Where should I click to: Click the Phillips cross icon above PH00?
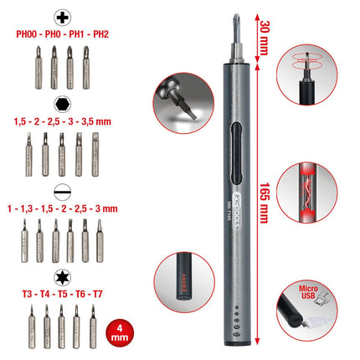61,17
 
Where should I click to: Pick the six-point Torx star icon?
61,275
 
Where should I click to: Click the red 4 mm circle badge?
121,333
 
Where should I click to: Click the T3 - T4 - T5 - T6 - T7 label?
61,295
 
